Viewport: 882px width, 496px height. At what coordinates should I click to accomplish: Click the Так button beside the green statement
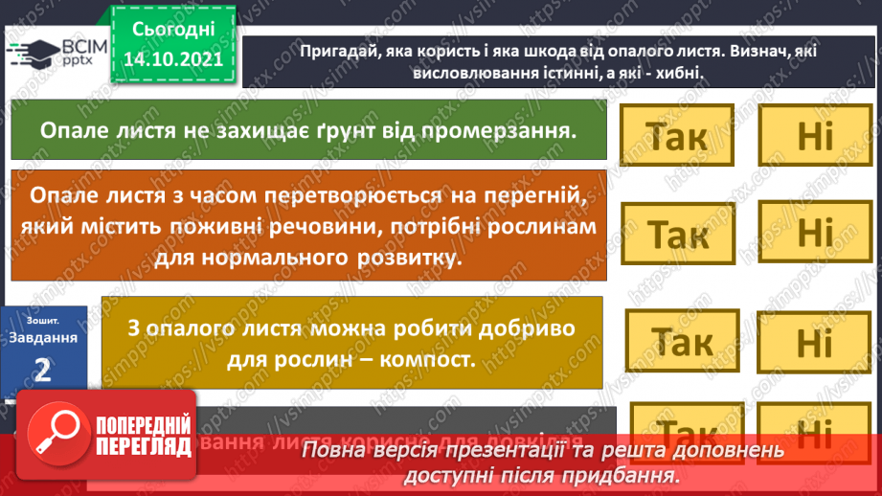point(676,135)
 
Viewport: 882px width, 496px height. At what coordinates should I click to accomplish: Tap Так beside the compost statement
point(682,340)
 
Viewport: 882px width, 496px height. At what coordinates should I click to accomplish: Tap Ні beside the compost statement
point(816,342)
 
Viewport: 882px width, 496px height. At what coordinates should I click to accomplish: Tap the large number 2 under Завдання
point(41,370)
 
